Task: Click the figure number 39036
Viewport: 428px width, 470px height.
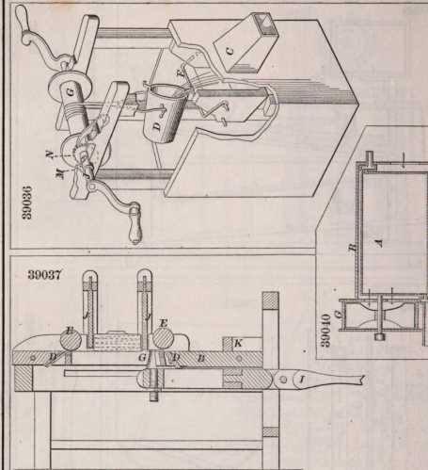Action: click(x=27, y=202)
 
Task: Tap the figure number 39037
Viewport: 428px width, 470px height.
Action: click(x=44, y=275)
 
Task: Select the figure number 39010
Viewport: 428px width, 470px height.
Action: click(x=325, y=330)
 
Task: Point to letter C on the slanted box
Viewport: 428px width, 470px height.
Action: click(x=230, y=51)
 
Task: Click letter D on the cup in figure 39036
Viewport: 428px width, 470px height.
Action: click(x=158, y=126)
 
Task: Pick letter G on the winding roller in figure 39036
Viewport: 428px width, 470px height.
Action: click(x=71, y=92)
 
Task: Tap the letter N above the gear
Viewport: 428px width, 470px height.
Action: click(x=49, y=154)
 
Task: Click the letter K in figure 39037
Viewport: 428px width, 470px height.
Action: click(x=238, y=343)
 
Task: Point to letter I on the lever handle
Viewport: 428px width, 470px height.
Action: click(x=302, y=380)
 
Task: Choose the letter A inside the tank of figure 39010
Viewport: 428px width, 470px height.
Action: click(x=380, y=242)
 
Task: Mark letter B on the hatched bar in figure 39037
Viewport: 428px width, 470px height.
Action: click(x=201, y=358)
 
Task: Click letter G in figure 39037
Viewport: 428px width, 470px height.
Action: click(x=142, y=358)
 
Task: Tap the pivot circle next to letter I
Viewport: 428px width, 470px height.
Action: click(x=283, y=380)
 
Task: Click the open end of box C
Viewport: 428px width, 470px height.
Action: click(x=266, y=24)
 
